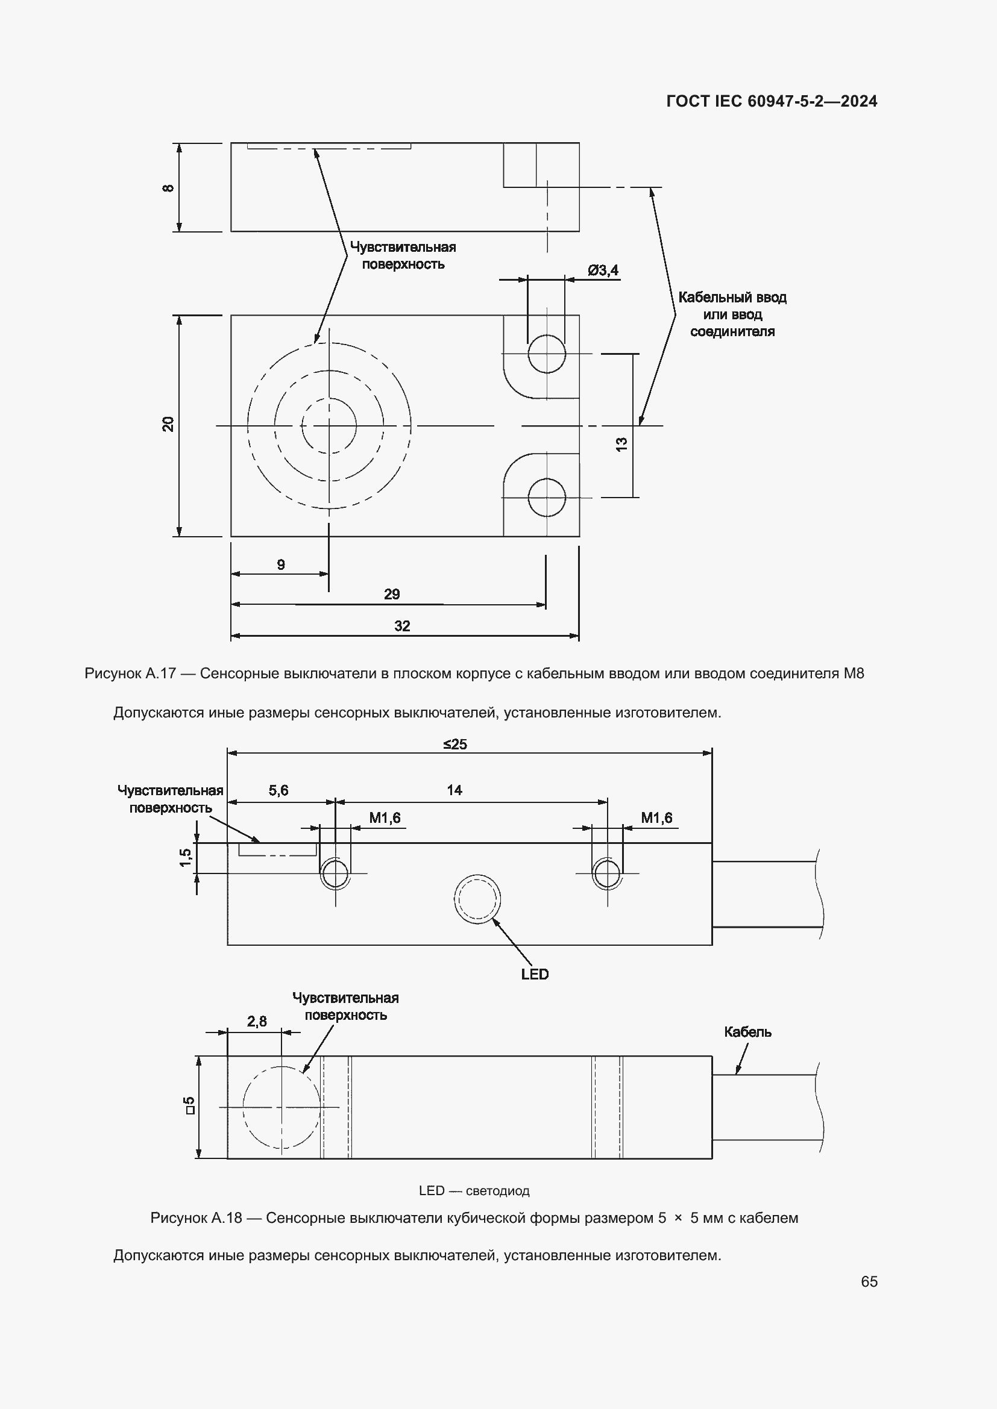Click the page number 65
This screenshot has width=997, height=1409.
[x=869, y=1281]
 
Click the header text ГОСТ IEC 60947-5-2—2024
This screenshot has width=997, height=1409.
[x=772, y=101]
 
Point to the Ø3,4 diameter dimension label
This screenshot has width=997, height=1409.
[x=603, y=270]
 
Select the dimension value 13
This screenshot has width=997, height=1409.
[x=621, y=445]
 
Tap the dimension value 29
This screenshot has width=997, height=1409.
[x=392, y=594]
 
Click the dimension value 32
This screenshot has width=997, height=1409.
[x=402, y=626]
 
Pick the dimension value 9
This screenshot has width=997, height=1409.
[x=281, y=564]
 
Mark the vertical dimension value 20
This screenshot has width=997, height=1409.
[x=168, y=424]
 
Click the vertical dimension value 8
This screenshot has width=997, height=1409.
[x=168, y=188]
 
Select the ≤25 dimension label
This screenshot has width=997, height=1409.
[x=455, y=745]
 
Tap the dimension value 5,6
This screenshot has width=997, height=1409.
[x=278, y=790]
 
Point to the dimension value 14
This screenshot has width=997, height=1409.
[x=454, y=790]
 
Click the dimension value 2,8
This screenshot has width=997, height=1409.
[x=257, y=1021]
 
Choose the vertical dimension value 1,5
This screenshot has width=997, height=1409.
[x=186, y=857]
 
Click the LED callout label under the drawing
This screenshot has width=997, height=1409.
[x=535, y=975]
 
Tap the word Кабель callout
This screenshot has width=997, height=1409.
[x=747, y=1033]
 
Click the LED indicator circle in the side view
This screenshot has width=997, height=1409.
[x=477, y=899]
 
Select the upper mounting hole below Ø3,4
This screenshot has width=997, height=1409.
[x=546, y=354]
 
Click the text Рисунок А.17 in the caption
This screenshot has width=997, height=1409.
[x=130, y=673]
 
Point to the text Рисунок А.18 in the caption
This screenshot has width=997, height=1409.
[x=196, y=1218]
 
